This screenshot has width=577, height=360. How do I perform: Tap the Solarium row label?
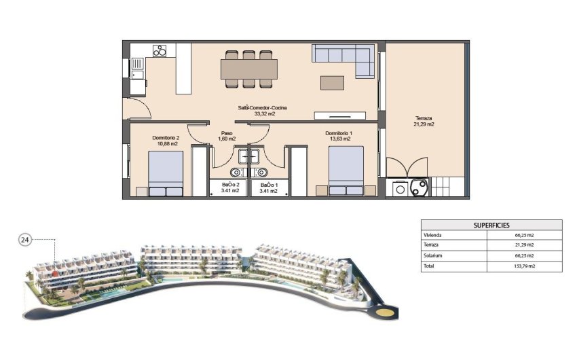(x=433, y=256)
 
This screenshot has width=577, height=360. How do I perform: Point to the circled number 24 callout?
(x=25, y=239)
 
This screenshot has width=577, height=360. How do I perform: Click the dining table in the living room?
(x=249, y=68)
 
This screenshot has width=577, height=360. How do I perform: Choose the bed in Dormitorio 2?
(x=165, y=173)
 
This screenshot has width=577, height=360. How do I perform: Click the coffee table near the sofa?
(x=333, y=82)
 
